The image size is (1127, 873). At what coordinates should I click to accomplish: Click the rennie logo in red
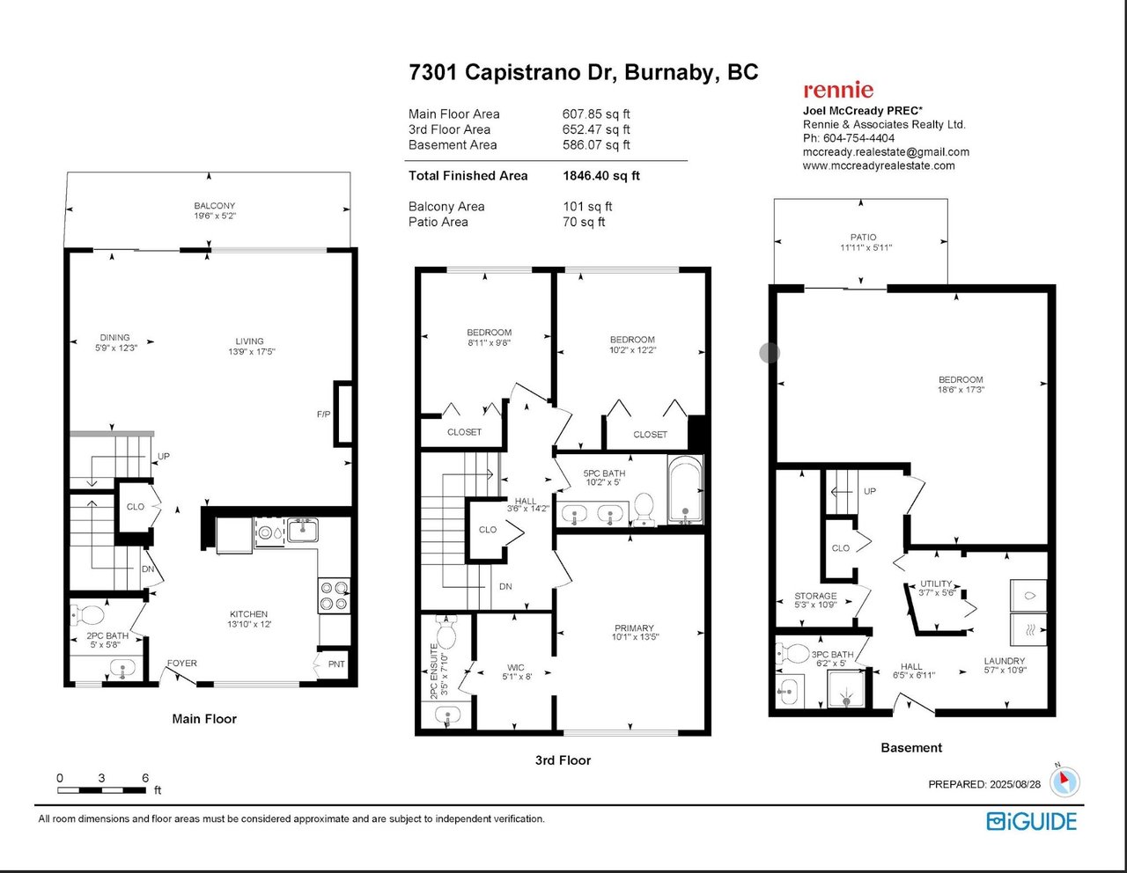[838, 90]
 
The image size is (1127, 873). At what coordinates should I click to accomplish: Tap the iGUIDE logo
[1032, 822]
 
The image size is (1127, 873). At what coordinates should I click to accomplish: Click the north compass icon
[1064, 781]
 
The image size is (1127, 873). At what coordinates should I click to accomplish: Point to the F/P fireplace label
[324, 414]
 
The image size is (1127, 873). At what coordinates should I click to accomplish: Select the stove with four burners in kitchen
[334, 595]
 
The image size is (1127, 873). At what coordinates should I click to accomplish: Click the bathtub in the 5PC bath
[685, 489]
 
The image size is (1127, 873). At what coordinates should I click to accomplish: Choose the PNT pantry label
[336, 664]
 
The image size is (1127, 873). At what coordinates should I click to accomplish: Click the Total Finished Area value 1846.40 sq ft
[601, 176]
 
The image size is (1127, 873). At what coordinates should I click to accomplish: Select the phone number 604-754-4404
[858, 138]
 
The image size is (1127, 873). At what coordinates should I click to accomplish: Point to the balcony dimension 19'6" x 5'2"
[215, 216]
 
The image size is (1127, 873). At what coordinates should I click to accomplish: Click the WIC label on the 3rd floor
[516, 667]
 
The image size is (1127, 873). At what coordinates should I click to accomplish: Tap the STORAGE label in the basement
[815, 596]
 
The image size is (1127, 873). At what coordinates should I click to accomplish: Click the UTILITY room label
[936, 583]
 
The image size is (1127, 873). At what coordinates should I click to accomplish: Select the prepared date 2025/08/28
[1015, 784]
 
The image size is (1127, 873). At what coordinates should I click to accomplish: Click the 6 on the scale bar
[145, 778]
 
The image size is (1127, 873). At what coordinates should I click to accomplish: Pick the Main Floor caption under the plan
[204, 718]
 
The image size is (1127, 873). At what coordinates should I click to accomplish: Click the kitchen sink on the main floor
[303, 531]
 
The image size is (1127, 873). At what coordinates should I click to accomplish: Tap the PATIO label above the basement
[863, 237]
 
